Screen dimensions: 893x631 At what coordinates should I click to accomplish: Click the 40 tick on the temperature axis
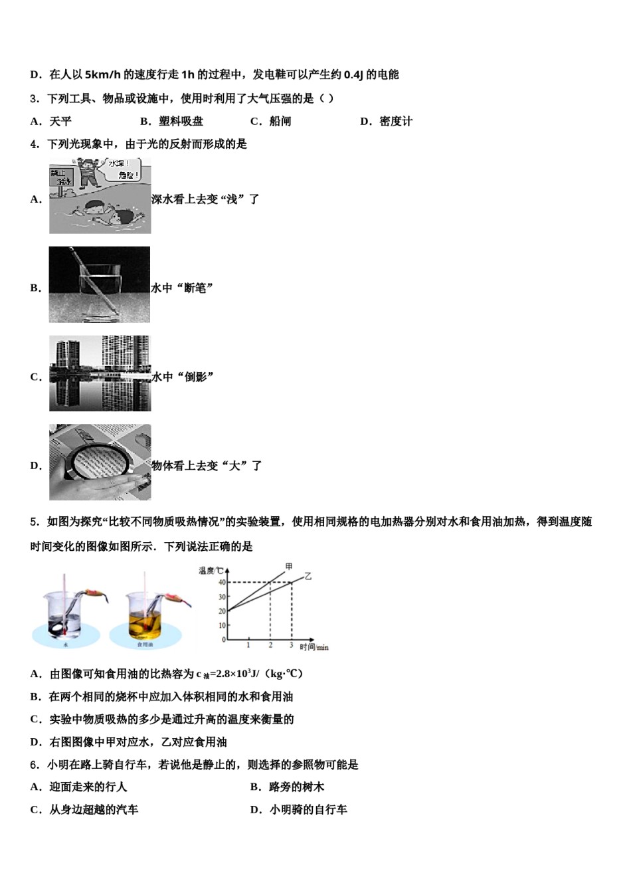(222, 583)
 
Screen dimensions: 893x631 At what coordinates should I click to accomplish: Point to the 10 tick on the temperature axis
(222, 625)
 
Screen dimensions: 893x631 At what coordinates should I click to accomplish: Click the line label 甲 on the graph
(288, 566)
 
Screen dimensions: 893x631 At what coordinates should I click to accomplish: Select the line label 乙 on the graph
(308, 576)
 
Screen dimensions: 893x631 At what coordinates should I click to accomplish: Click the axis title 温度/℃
(211, 571)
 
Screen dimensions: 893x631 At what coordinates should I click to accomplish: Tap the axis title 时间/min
(314, 647)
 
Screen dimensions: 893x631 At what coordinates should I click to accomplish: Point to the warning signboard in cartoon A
(62, 177)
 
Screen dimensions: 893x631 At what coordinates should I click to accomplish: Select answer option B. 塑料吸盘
(172, 121)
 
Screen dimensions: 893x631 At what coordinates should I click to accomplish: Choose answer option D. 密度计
(387, 121)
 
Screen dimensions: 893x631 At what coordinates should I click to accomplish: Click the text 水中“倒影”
(183, 377)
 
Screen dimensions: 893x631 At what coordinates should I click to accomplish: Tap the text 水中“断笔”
(183, 288)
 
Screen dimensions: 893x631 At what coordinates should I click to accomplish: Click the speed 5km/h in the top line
(103, 74)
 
